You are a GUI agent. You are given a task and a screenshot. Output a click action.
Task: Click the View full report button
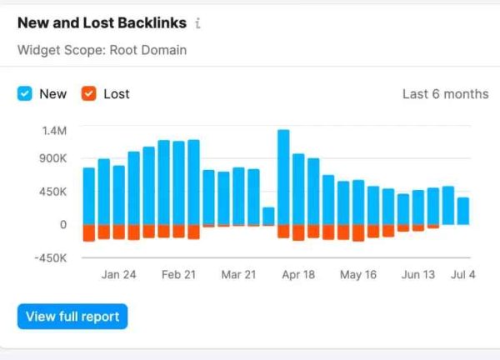pyautogui.click(x=72, y=317)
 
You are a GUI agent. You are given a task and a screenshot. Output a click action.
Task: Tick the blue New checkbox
pyautogui.click(x=25, y=94)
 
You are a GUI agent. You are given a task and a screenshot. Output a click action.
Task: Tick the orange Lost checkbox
pyautogui.click(x=88, y=94)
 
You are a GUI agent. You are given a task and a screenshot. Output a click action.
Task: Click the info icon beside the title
pyautogui.click(x=197, y=23)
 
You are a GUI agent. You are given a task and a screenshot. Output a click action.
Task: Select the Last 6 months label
pyautogui.click(x=445, y=94)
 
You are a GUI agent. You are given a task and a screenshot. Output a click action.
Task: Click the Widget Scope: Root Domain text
pyautogui.click(x=102, y=50)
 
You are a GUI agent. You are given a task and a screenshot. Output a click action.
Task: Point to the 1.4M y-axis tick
pyautogui.click(x=52, y=131)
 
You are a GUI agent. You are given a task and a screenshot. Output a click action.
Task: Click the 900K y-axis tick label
pyautogui.click(x=51, y=158)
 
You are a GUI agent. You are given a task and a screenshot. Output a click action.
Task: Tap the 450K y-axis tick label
pyautogui.click(x=51, y=192)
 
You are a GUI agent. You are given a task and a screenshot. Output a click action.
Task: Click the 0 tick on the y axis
pyautogui.click(x=62, y=224)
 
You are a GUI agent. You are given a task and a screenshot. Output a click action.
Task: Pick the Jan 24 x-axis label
pyautogui.click(x=118, y=275)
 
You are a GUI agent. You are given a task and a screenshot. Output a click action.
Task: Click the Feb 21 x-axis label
pyautogui.click(x=178, y=275)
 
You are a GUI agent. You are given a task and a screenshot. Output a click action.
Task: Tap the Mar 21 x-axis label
pyautogui.click(x=238, y=275)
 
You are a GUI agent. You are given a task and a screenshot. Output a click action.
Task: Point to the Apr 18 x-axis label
pyautogui.click(x=298, y=275)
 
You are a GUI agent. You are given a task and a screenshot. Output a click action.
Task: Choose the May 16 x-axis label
pyautogui.click(x=358, y=275)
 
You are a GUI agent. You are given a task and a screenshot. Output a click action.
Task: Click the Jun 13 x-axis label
pyautogui.click(x=418, y=275)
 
